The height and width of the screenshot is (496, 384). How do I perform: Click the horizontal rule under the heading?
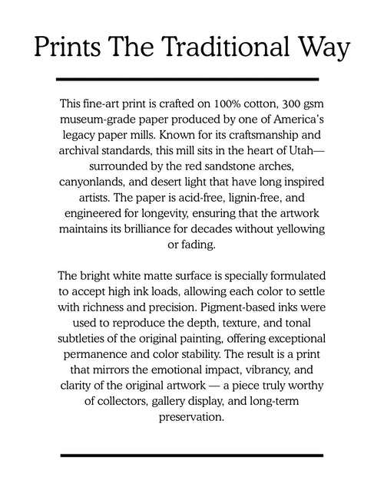187,79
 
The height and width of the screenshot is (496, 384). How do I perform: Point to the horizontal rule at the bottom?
187,455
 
